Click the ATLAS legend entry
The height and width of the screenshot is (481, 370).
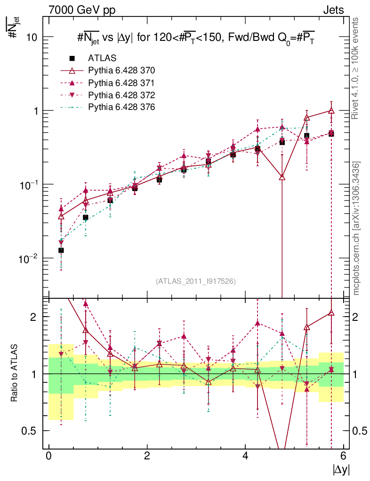(102, 58)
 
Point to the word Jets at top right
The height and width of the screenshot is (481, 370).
(333, 10)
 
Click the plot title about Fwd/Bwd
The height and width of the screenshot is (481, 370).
(196, 38)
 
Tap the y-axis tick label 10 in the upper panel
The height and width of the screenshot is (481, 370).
(33, 37)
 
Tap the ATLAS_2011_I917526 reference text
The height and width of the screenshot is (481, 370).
(196, 281)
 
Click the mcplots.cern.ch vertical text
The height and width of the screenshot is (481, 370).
(357, 228)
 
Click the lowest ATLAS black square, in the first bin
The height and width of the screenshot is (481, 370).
(61, 250)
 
